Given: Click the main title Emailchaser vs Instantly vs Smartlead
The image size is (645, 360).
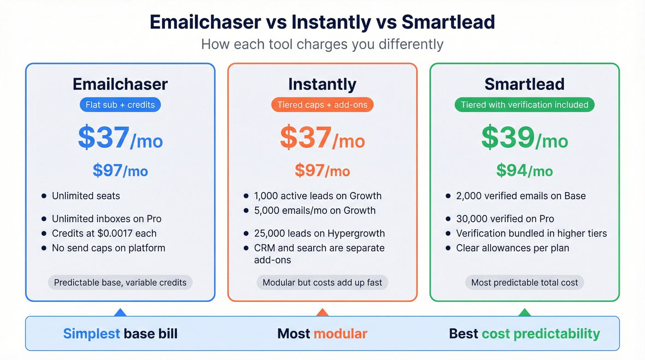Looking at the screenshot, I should [322, 22].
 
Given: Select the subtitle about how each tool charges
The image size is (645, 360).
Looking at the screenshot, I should [322, 44].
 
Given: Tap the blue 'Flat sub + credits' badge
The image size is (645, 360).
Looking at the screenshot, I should [120, 105].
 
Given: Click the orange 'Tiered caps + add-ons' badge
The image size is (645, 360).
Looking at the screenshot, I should [322, 105].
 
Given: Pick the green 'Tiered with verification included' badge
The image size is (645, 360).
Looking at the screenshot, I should [524, 105].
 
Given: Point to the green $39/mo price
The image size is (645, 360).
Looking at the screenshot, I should [524, 137].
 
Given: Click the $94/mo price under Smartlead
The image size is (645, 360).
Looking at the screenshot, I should [524, 171].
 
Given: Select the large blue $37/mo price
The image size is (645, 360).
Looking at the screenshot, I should [120, 137].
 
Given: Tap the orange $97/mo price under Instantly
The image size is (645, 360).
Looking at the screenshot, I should [322, 171].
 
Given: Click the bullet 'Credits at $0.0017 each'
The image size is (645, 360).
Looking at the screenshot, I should [104, 233].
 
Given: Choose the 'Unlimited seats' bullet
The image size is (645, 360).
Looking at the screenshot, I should [86, 196].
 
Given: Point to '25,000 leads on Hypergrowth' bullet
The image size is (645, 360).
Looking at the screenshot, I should [319, 233].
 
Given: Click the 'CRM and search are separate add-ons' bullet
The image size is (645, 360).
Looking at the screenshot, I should [319, 254].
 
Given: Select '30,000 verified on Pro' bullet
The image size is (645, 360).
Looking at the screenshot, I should [505, 219].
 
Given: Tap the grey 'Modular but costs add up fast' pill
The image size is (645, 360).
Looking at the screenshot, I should [322, 283].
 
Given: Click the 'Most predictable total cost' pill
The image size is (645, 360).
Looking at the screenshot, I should [524, 283].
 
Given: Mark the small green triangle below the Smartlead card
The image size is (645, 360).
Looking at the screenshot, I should [524, 313].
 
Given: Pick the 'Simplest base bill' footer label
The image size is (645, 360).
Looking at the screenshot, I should [120, 334].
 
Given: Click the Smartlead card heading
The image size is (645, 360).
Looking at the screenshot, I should [524, 84].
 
